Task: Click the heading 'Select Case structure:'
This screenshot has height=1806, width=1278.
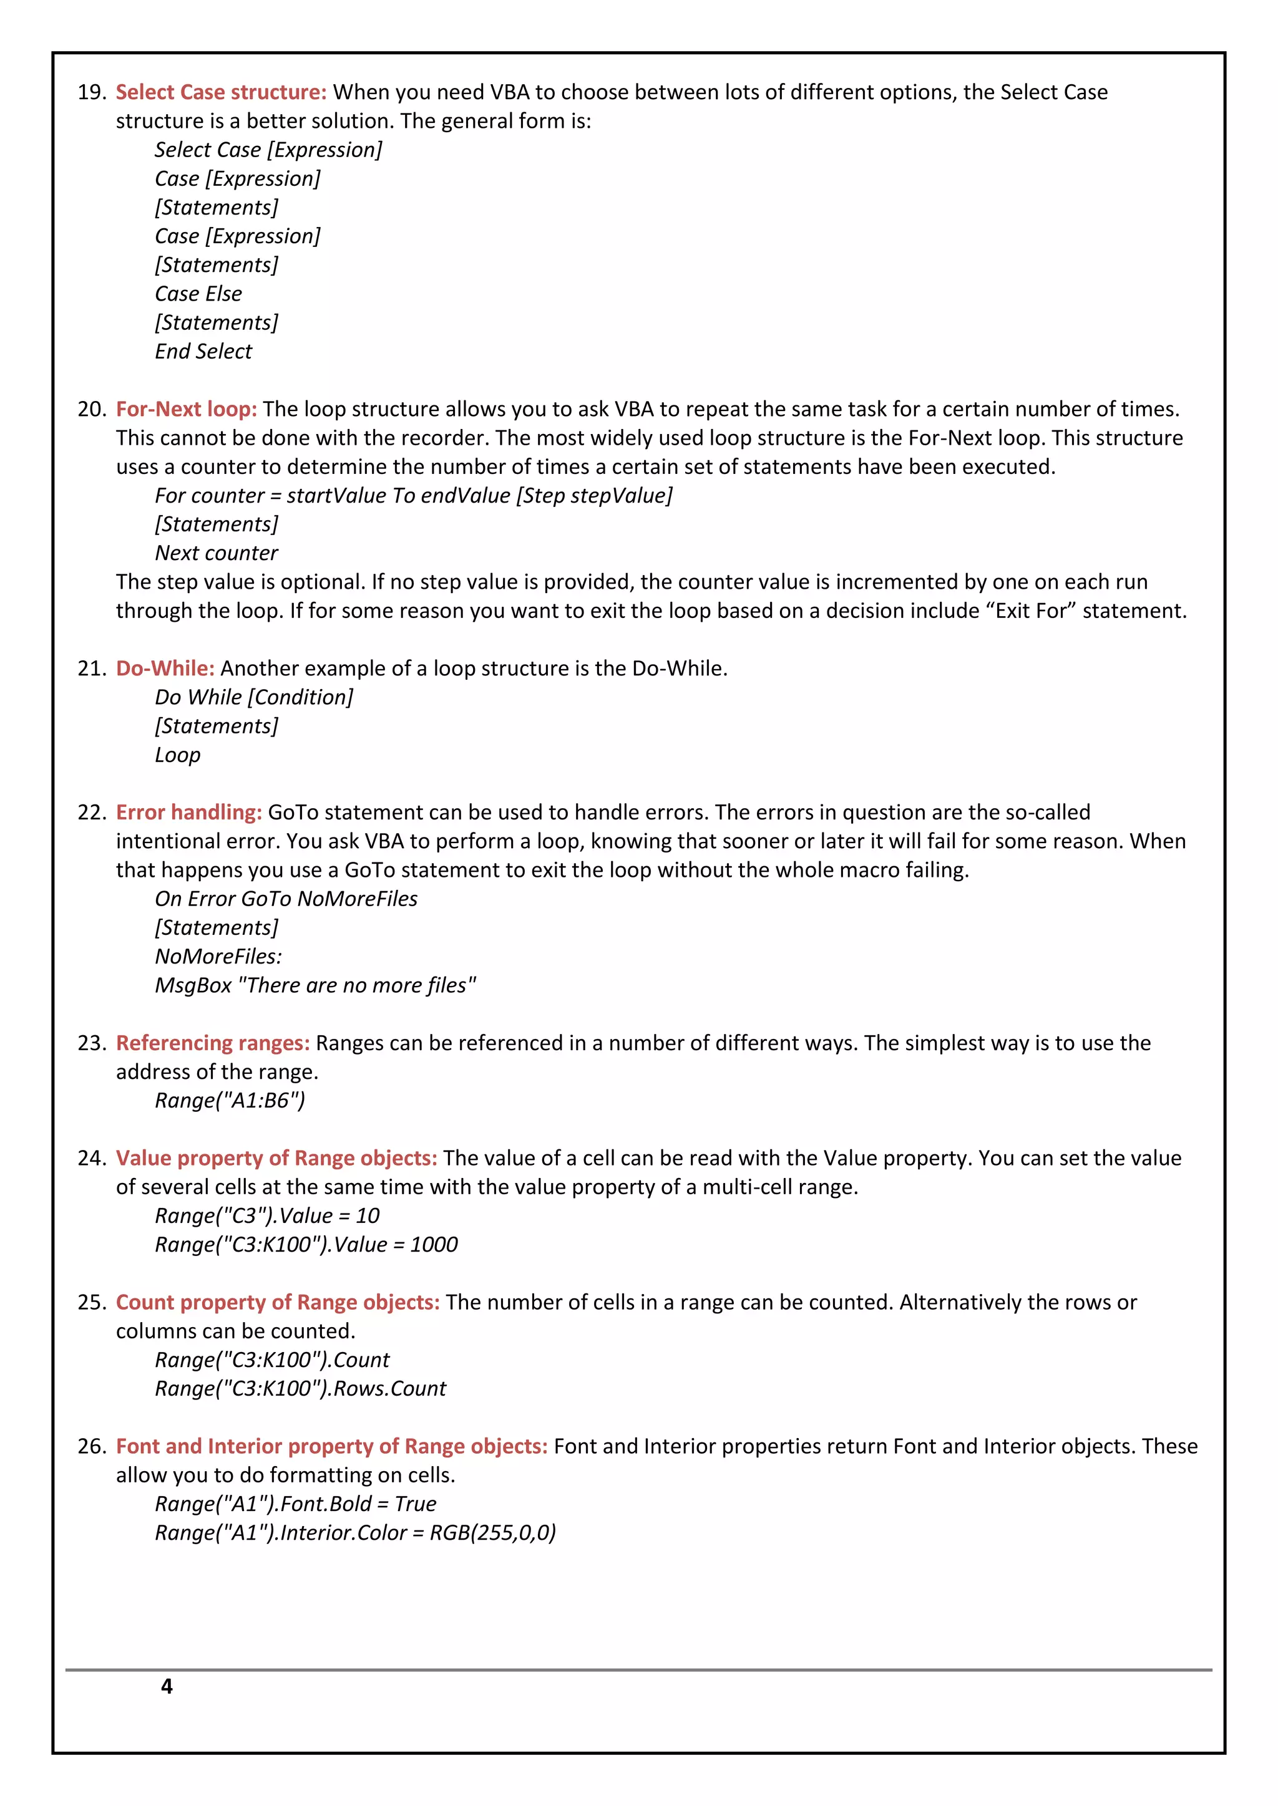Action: point(220,92)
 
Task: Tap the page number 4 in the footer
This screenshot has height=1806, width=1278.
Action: point(167,1686)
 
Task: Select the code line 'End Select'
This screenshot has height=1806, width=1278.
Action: point(203,352)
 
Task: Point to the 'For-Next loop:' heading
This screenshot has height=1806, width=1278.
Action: point(187,409)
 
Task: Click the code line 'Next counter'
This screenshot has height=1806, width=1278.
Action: point(217,553)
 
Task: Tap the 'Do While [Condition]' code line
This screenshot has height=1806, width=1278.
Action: point(253,698)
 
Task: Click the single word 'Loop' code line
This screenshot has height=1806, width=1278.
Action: point(177,755)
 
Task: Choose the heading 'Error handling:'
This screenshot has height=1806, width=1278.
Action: point(189,813)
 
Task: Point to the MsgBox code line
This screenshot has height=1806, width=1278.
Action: point(315,985)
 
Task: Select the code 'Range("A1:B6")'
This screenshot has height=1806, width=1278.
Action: point(230,1101)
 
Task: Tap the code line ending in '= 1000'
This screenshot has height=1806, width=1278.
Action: point(306,1244)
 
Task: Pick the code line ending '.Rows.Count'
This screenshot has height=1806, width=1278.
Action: point(300,1388)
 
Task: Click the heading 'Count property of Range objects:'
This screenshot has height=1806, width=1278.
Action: point(277,1303)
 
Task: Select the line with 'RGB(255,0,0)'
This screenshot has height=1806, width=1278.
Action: point(355,1532)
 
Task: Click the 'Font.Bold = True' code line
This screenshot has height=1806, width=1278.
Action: point(295,1504)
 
